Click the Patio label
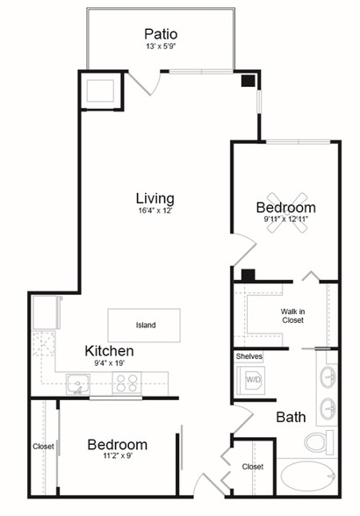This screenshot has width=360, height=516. tap(161, 34)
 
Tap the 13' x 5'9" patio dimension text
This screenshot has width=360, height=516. tap(161, 47)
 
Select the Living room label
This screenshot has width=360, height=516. tap(155, 198)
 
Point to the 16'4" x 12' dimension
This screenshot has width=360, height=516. tap(155, 211)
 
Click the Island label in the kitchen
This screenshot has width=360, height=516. tap(146, 325)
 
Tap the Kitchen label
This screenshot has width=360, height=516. tap(110, 351)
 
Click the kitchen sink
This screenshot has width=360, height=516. tap(78, 383)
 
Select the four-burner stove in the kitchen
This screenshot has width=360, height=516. tap(126, 383)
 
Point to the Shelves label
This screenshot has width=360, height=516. tap(249, 356)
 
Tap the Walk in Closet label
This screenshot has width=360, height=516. tap(292, 316)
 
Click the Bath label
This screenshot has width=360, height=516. tap(291, 418)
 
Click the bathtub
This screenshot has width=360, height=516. tap(308, 477)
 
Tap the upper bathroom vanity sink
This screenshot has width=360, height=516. tap(328, 376)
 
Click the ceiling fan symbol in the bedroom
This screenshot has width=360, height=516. tap(287, 212)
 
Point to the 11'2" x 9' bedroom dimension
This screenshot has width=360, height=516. tap(118, 456)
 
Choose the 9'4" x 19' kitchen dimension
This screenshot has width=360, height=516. tap(110, 363)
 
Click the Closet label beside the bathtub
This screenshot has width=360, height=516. tap(253, 467)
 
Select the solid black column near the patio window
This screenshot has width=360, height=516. tap(248, 81)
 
